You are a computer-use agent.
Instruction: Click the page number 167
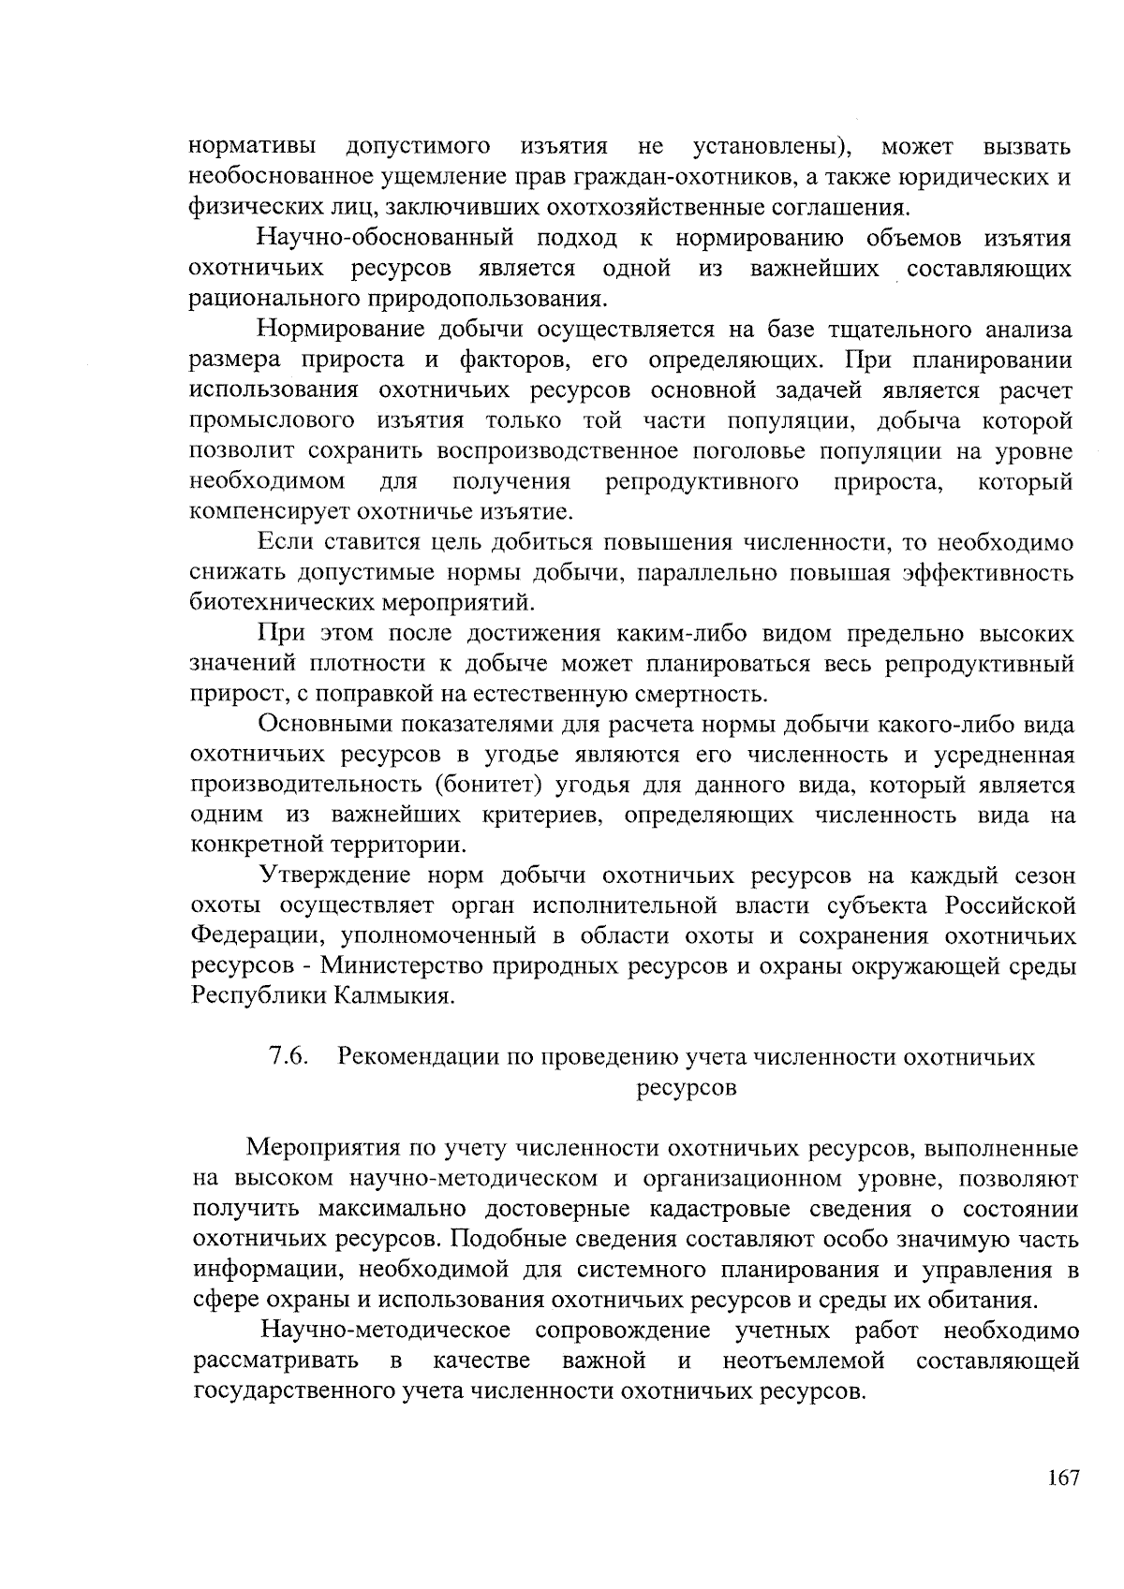[1064, 1478]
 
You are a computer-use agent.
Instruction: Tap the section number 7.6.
[289, 1057]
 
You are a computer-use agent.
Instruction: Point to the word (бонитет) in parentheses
[479, 785]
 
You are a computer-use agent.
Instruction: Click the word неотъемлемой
[805, 1361]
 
